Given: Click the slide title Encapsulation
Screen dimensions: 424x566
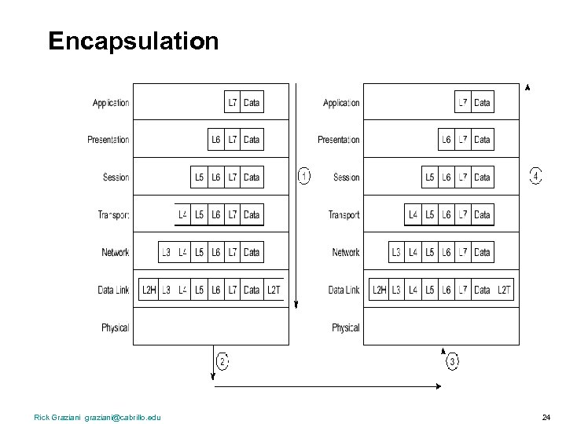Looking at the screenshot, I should (x=133, y=41).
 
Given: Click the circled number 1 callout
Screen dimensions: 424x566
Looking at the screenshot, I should (x=304, y=176).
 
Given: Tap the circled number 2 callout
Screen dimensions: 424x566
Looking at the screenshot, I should (x=222, y=362).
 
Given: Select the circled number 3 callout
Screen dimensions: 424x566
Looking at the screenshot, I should (x=452, y=362).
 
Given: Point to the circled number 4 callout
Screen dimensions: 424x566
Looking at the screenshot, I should (x=535, y=176).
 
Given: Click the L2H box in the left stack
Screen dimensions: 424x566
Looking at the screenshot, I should (x=148, y=290).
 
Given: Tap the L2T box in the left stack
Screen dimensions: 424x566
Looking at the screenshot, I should (x=273, y=290).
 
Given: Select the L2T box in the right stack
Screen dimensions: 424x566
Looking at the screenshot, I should (x=504, y=290).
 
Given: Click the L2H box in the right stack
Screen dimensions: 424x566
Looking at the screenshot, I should (x=379, y=290).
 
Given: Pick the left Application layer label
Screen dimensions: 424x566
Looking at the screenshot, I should (x=111, y=103).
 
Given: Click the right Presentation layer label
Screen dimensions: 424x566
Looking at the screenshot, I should (x=339, y=140).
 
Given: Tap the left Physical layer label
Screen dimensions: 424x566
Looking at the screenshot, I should (x=115, y=327).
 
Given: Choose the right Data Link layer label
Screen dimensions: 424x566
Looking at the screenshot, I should (x=344, y=290).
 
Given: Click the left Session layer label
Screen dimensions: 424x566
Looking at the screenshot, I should (x=116, y=177).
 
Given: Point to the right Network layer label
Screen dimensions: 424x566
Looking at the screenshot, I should (x=345, y=252).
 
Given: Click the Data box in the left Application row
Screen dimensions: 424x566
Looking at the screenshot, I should (x=252, y=103).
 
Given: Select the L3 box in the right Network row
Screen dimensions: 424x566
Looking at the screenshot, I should (x=396, y=252).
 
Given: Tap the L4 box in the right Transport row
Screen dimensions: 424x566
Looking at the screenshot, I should (x=413, y=214).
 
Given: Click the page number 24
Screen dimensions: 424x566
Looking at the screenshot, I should (x=546, y=417).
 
